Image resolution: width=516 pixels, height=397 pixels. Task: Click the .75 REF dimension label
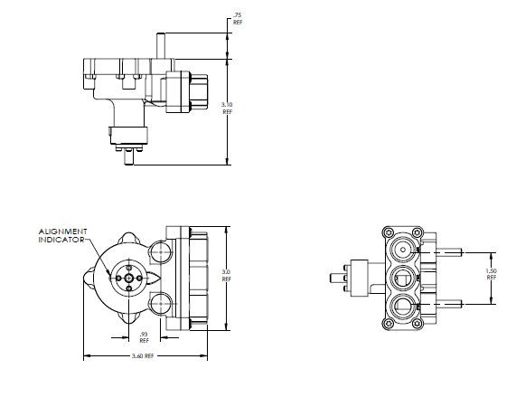click(238, 18)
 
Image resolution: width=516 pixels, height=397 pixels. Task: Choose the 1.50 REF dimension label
click(491, 274)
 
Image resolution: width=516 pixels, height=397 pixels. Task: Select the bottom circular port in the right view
click(401, 305)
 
